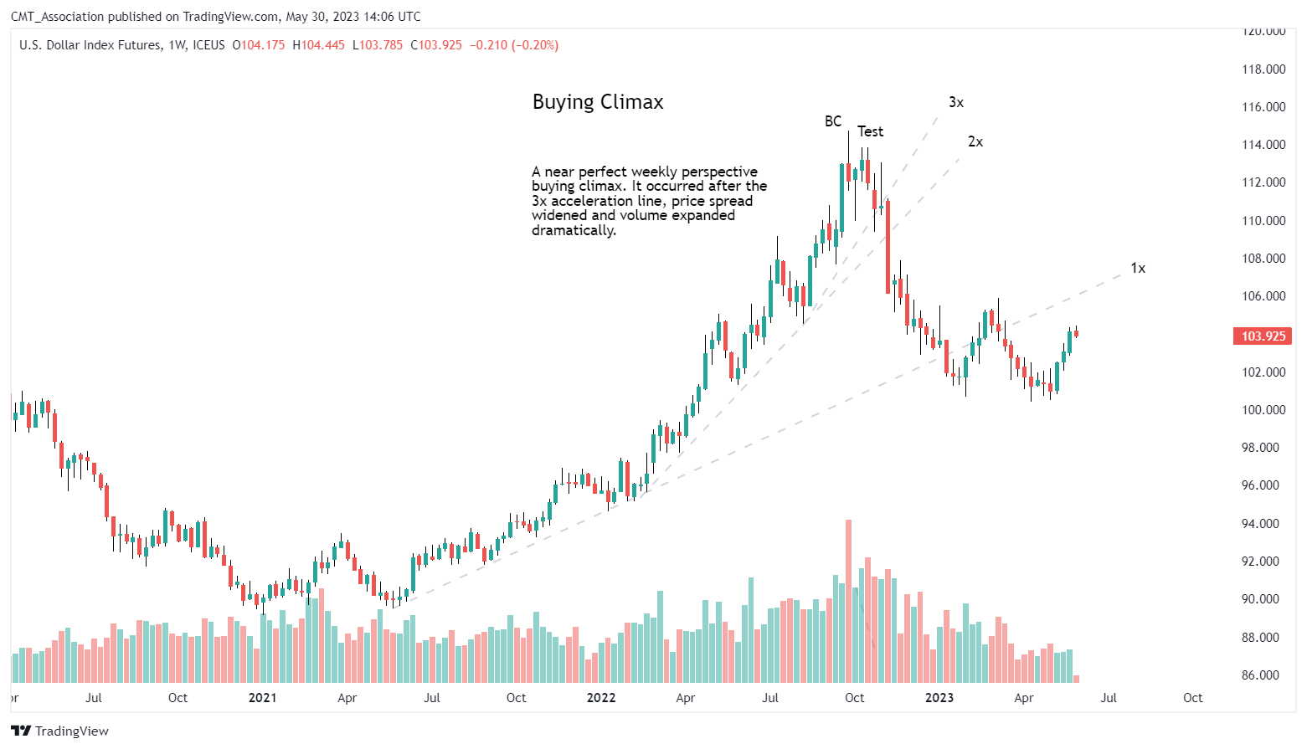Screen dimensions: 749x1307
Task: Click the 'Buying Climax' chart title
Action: (x=598, y=102)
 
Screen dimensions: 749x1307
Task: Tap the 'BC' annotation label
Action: (x=832, y=121)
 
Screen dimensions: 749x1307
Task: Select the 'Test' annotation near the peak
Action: (x=870, y=131)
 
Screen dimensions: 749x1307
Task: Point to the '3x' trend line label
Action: (x=955, y=102)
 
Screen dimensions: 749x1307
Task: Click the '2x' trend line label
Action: (x=975, y=141)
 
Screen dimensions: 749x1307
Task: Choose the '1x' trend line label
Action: (x=1137, y=268)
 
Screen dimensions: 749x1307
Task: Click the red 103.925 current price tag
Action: (x=1263, y=336)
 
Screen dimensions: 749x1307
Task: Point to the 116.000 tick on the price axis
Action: (x=1263, y=107)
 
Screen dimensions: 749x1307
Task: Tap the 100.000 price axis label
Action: (x=1263, y=410)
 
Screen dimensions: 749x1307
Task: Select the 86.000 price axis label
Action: (x=1263, y=675)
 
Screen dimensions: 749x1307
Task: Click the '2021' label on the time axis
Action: (x=262, y=698)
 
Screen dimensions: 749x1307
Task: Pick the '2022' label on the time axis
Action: (x=600, y=698)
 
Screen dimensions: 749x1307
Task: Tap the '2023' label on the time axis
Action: (x=939, y=698)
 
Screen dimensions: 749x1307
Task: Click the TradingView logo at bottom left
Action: (x=60, y=731)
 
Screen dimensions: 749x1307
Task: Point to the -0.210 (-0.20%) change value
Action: (x=513, y=45)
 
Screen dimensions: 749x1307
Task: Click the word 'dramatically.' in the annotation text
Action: (x=574, y=230)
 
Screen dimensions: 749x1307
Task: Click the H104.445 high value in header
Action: (x=318, y=45)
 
